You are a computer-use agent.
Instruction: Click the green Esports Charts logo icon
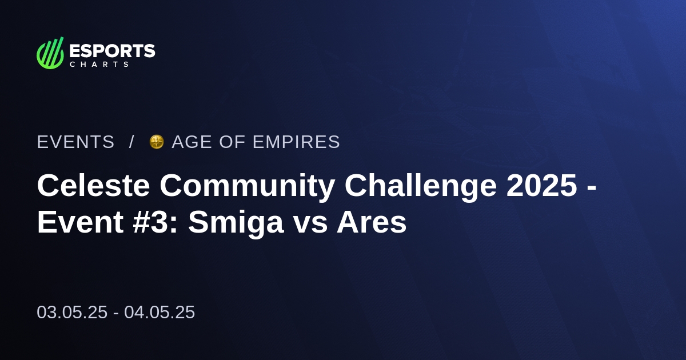pos(50,53)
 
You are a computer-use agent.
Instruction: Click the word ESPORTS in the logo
pos(112,51)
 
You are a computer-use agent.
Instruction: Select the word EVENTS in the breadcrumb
pos(75,142)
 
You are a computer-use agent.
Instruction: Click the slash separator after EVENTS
pos(131,142)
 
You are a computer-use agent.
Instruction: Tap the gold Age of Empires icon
pos(156,142)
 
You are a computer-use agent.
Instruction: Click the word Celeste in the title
pos(93,186)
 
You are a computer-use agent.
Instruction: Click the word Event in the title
pos(80,223)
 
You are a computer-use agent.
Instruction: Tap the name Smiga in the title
pos(236,223)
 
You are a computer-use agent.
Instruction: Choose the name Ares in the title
pos(372,223)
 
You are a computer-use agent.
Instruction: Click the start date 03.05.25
pos(72,312)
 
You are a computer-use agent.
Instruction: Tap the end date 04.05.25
pos(159,312)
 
